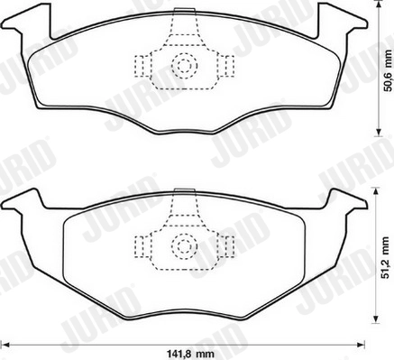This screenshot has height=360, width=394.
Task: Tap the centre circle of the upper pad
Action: (x=184, y=65)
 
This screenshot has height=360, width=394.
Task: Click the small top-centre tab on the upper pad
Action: (x=184, y=13)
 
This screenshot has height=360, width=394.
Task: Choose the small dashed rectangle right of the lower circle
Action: (x=228, y=245)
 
